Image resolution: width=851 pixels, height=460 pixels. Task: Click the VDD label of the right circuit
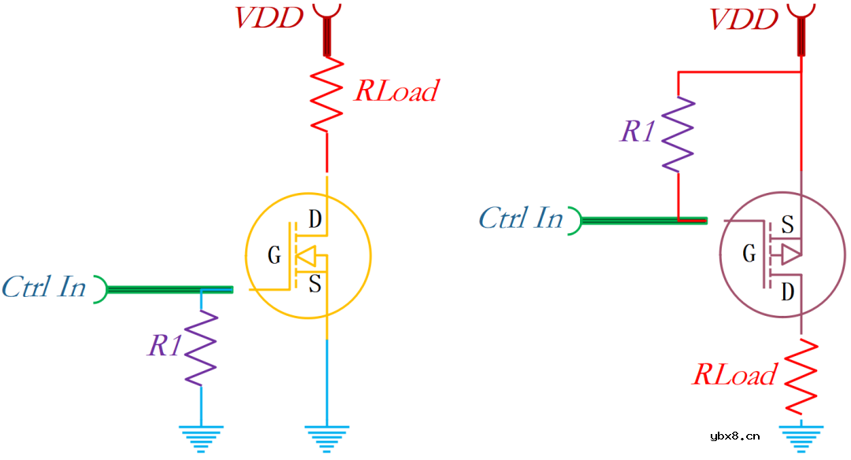tap(744, 19)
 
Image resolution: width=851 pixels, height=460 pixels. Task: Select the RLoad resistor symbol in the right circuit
tap(801, 375)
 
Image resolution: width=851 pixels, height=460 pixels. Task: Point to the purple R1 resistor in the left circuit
tap(201, 347)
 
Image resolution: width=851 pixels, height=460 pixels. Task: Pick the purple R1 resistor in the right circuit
tap(678, 134)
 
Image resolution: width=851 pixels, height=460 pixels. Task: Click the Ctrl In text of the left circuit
tap(43, 287)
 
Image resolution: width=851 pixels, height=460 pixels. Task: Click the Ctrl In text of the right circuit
tap(521, 217)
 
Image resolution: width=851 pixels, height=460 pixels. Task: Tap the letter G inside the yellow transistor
tap(274, 255)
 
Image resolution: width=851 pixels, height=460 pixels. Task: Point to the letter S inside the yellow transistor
tap(315, 284)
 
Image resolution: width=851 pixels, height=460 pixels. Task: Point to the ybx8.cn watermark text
tap(734, 435)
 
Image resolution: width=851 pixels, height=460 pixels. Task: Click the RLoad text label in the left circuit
tap(396, 91)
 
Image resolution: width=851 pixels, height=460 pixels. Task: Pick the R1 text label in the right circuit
tap(637, 132)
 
